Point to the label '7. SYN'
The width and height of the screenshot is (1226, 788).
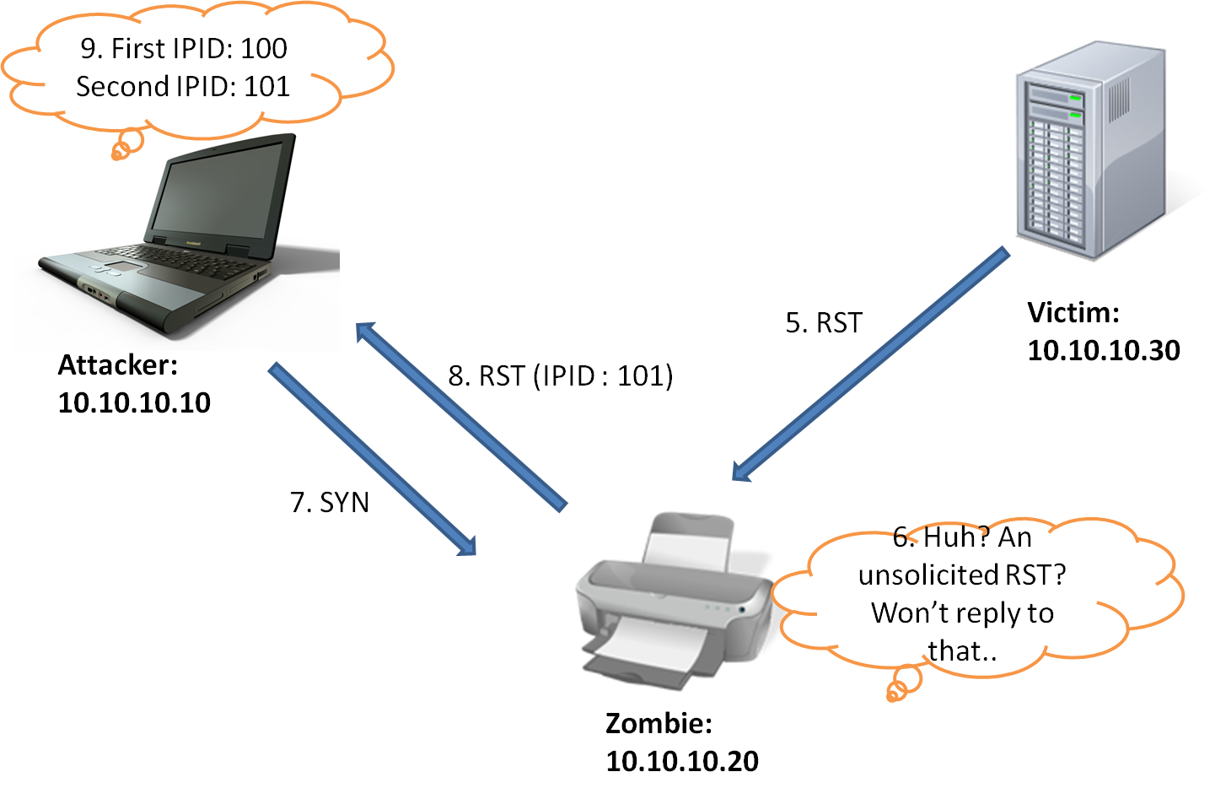[330, 503]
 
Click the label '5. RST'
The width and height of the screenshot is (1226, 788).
[824, 323]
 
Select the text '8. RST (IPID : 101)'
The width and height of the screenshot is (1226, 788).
[561, 376]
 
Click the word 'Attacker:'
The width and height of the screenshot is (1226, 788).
[118, 365]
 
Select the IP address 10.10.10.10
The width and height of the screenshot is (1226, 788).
[134, 403]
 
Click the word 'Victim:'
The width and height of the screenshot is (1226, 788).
[1073, 313]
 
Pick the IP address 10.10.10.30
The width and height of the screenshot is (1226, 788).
[1104, 351]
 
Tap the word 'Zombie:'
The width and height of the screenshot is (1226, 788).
[659, 724]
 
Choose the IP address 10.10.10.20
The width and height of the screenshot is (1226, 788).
[682, 762]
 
